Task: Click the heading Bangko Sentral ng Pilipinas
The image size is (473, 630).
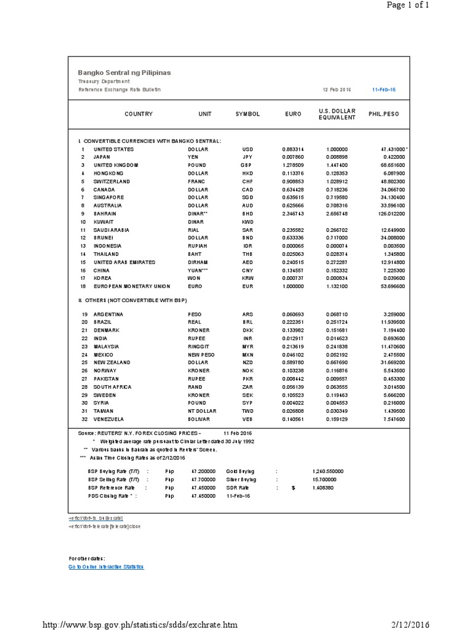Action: click(x=124, y=73)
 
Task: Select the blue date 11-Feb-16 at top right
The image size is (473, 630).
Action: click(x=384, y=89)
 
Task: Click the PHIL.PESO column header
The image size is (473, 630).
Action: click(x=383, y=114)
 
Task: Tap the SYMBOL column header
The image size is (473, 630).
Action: click(x=248, y=114)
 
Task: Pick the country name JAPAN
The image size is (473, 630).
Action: click(x=102, y=157)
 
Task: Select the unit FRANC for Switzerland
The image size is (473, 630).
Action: click(x=196, y=181)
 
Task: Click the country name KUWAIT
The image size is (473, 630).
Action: click(x=103, y=221)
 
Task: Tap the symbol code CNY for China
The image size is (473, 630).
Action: click(x=248, y=269)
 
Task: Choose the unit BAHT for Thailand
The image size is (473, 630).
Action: click(x=195, y=253)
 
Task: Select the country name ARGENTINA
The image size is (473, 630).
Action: click(x=108, y=314)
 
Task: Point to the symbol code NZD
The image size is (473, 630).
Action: click(x=248, y=362)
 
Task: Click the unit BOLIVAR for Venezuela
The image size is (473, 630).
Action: click(x=199, y=418)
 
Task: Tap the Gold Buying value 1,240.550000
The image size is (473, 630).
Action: click(x=328, y=471)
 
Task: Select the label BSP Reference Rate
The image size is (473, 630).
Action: click(x=113, y=487)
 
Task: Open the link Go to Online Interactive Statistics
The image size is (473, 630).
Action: click(x=106, y=567)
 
